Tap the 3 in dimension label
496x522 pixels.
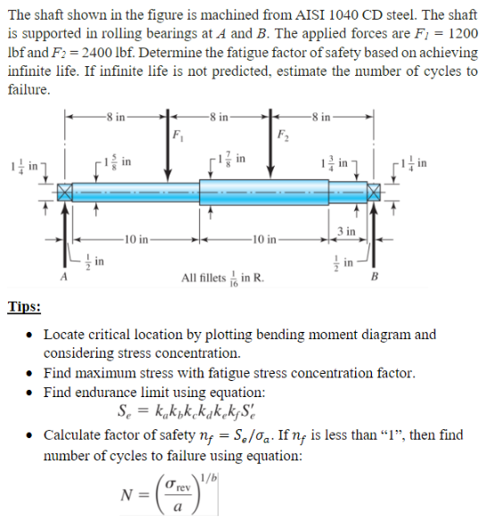coord(348,232)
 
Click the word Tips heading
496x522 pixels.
coord(24,307)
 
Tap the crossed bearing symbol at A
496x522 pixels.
coord(64,192)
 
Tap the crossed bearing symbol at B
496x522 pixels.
coord(371,192)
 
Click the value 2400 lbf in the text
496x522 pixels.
coord(102,53)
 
